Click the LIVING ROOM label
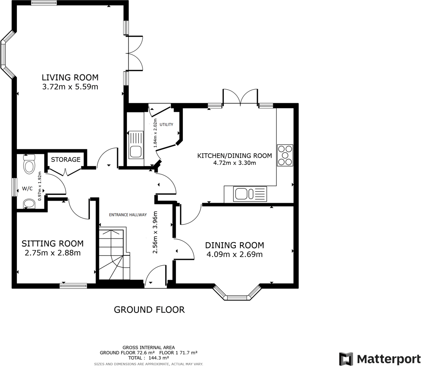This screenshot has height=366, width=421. (x=70, y=77)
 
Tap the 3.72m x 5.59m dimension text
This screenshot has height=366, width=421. (x=70, y=87)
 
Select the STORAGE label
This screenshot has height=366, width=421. (x=66, y=160)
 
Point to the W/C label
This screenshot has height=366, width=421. (x=27, y=189)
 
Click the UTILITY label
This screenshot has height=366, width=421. (x=167, y=125)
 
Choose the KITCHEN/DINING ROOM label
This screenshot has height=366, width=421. (x=235, y=155)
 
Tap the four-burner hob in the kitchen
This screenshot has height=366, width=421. (x=285, y=155)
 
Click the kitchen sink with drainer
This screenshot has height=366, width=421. (x=250, y=194)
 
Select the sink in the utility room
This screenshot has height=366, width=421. (x=136, y=145)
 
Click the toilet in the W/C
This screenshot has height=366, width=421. (x=29, y=164)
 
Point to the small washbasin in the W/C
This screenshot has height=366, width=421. (x=29, y=204)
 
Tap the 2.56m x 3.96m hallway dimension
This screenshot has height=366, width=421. (x=155, y=233)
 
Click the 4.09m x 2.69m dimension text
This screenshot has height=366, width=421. (x=235, y=255)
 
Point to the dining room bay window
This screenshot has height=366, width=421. (x=237, y=294)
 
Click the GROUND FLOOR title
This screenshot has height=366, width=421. (x=149, y=310)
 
